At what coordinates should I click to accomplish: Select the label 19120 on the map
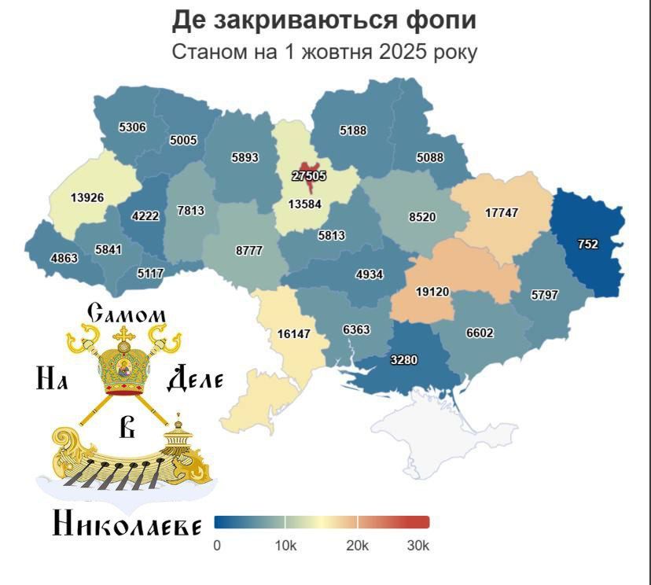pyautogui.click(x=432, y=292)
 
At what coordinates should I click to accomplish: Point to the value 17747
pyautogui.click(x=501, y=213)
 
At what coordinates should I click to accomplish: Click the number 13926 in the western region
pyautogui.click(x=87, y=197)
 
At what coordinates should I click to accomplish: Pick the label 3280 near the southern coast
pyautogui.click(x=403, y=360)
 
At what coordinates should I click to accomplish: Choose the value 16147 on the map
pyautogui.click(x=294, y=333)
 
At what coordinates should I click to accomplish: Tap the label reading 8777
pyautogui.click(x=249, y=250)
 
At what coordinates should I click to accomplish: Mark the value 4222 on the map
pyautogui.click(x=145, y=216)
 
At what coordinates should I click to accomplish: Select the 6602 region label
pyautogui.click(x=480, y=333)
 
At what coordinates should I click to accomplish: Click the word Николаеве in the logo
pyautogui.click(x=127, y=524)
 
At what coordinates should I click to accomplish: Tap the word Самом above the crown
pyautogui.click(x=127, y=314)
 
